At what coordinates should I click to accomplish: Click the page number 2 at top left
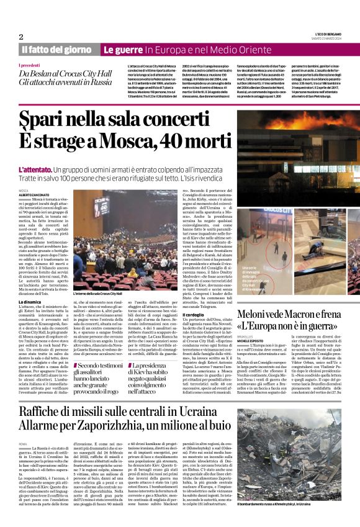coord(21,37)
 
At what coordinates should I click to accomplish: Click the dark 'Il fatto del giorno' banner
coord(58,49)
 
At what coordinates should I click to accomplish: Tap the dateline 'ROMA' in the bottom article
coord(24,446)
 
